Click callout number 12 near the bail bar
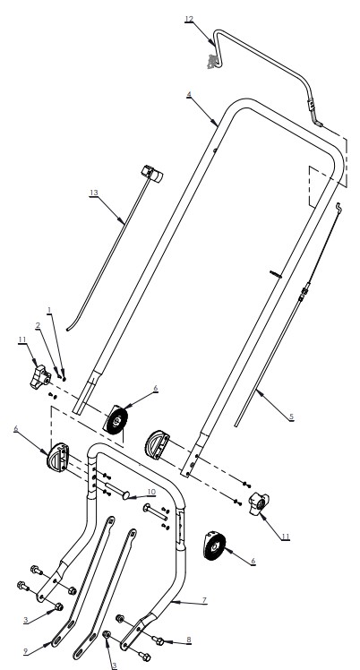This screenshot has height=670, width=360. [x=189, y=19]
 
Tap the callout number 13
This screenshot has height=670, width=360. [x=94, y=192]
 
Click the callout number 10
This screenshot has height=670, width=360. [x=151, y=491]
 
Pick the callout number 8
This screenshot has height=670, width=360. [x=188, y=640]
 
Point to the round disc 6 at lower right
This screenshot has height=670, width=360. [x=215, y=545]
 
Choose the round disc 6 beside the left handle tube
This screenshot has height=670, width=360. [x=116, y=419]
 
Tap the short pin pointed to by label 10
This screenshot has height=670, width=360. [x=127, y=492]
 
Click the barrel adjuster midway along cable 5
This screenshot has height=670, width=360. [x=305, y=290]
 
